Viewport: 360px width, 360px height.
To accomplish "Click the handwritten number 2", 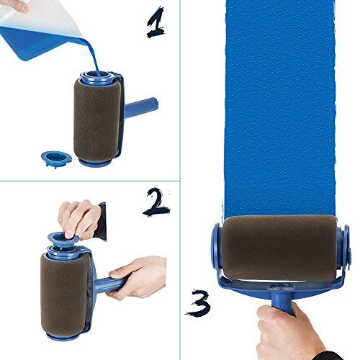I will [x=157, y=204].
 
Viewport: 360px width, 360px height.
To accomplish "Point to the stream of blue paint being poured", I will [x=89, y=58].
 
